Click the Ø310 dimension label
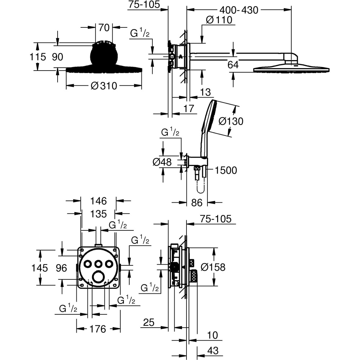[x=104, y=86]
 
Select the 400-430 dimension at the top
[x=239, y=10]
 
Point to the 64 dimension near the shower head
[x=233, y=65]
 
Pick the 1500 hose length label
[x=226, y=170]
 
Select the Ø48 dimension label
[x=162, y=162]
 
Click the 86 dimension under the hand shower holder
[x=197, y=203]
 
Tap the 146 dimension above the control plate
[x=98, y=201]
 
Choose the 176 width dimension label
[x=98, y=329]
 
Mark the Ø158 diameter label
[x=213, y=267]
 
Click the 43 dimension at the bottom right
[x=213, y=350]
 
